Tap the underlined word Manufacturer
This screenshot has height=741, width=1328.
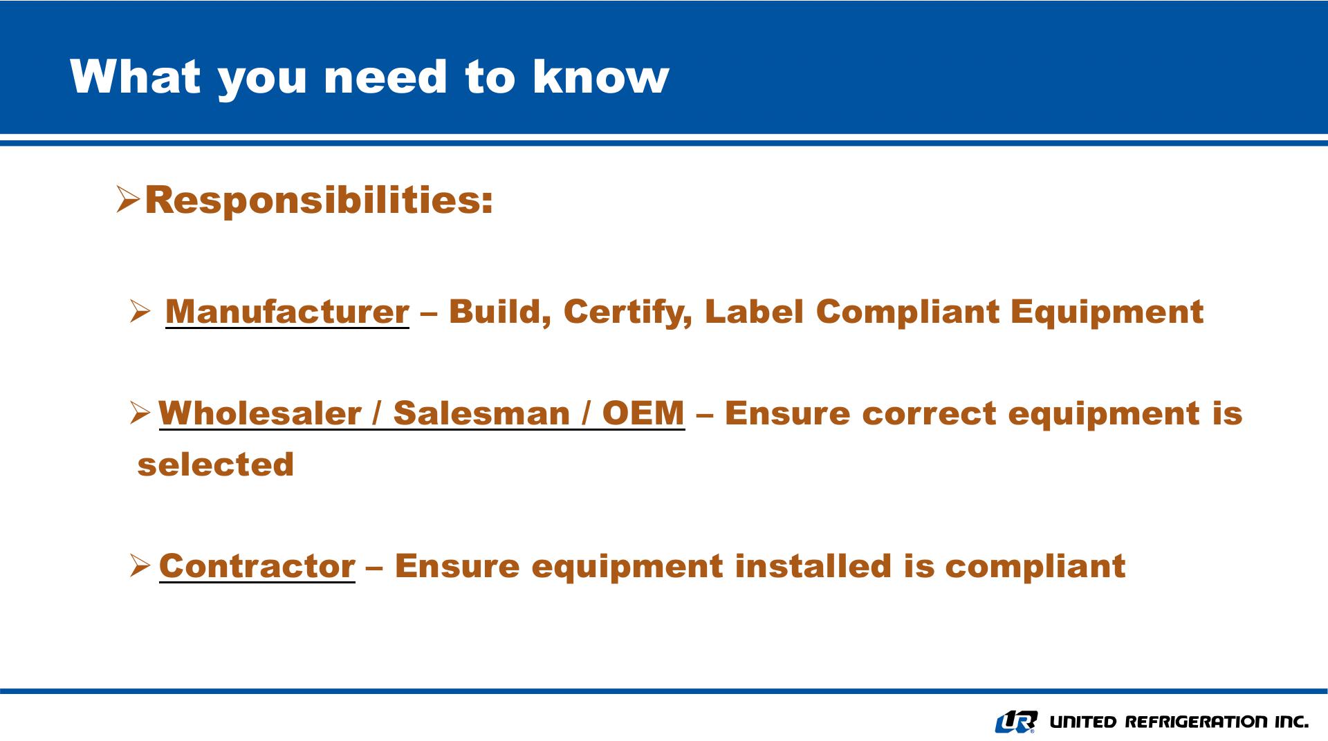tap(287, 311)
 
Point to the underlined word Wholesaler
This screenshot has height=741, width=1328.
tap(259, 413)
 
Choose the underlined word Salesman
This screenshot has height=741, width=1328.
tap(481, 413)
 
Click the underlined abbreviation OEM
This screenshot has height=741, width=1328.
tap(643, 413)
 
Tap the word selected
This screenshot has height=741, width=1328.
tap(216, 464)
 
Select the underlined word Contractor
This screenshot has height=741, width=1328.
tap(257, 566)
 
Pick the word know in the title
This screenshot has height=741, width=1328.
tap(600, 76)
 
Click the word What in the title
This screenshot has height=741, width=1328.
tap(136, 76)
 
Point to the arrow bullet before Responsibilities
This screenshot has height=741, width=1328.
tap(128, 199)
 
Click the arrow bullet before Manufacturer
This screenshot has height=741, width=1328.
tap(140, 312)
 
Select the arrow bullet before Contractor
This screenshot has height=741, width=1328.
tap(140, 566)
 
